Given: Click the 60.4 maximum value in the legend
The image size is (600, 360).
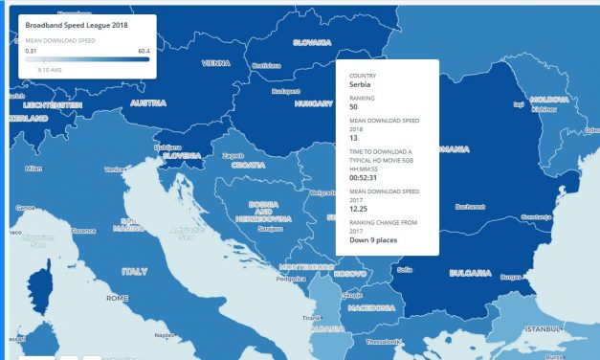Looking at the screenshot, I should [x=144, y=50].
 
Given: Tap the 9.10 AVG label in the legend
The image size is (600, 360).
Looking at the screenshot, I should [x=51, y=70].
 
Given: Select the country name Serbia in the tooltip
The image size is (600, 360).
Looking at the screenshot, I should [x=360, y=84].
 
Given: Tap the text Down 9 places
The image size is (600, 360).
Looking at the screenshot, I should [x=373, y=241].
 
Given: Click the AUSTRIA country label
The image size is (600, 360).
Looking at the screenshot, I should [x=148, y=103].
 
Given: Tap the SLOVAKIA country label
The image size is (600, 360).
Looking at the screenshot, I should [x=311, y=42].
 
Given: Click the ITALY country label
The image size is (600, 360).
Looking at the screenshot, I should [x=135, y=272].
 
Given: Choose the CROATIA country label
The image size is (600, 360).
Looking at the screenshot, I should [x=246, y=166].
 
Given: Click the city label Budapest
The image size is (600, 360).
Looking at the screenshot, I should [x=285, y=92].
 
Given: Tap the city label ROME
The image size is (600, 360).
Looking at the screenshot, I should [x=117, y=298].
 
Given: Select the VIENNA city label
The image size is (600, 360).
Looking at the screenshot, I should [x=216, y=63].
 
